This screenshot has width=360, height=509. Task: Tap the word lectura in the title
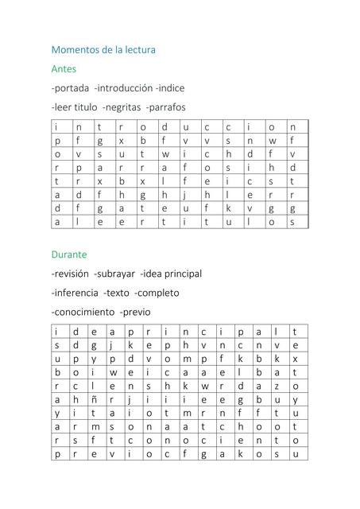coord(137,50)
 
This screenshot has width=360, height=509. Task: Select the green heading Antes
coord(64,69)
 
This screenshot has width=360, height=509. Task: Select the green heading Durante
coord(69,254)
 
